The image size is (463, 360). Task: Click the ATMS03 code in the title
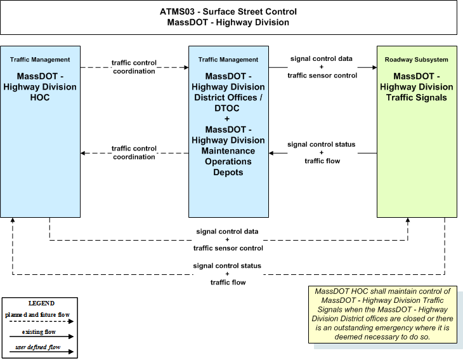[177, 11]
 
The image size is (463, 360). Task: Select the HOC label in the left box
[40, 98]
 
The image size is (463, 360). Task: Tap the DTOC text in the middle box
[227, 108]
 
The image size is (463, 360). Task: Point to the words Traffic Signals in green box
[416, 98]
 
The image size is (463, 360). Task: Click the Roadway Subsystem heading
[416, 60]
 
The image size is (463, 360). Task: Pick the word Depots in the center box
[228, 172]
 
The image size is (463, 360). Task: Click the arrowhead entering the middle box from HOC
[186, 67]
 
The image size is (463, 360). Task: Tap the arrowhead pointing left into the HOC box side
[83, 153]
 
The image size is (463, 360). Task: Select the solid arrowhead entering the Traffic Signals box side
[374, 67]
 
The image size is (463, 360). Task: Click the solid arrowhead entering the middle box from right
[271, 153]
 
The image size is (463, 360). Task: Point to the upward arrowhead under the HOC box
[13, 220]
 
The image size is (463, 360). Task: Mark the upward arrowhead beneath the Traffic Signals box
[408, 220]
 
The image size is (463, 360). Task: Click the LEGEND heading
[41, 303]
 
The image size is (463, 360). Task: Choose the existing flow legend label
[39, 332]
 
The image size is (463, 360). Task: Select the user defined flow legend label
[38, 347]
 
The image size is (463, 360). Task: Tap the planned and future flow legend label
[37, 315]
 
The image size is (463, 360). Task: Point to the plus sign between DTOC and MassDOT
[227, 119]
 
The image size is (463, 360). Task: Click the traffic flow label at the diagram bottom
[228, 283]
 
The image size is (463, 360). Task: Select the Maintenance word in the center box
[228, 150]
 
